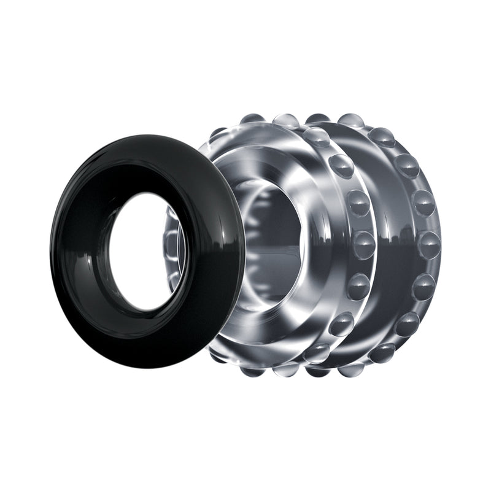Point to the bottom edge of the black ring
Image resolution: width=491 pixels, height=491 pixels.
(x=147, y=366)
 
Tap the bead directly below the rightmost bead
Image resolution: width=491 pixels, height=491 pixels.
(x=423, y=286)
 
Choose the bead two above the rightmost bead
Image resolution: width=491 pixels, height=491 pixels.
(x=406, y=166)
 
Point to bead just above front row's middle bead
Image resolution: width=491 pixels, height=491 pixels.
(x=358, y=203)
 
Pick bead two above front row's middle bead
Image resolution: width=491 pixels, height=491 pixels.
(x=342, y=166)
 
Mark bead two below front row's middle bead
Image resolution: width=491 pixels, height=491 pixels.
(x=341, y=323)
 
